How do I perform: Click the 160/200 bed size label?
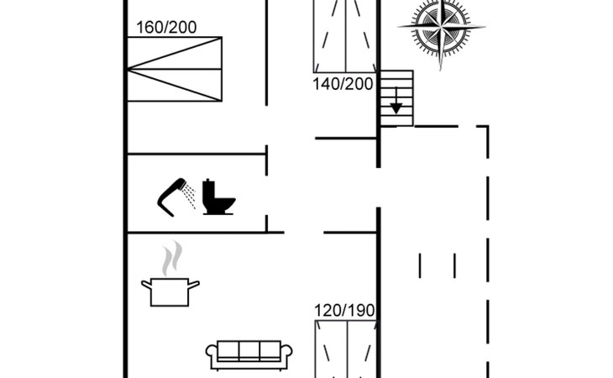tap(166, 28)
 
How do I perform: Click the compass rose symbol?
tap(442, 29)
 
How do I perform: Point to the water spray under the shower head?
tap(191, 197)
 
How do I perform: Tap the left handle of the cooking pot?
tap(146, 286)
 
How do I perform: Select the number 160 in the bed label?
tap(150, 28)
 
